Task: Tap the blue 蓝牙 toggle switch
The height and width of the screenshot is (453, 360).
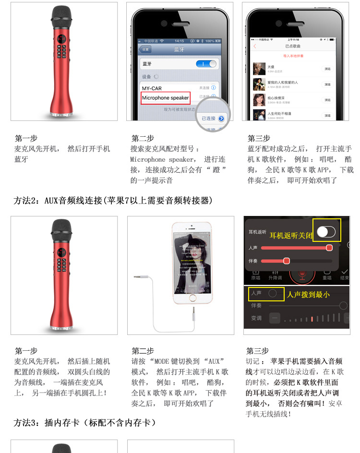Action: click(x=206, y=64)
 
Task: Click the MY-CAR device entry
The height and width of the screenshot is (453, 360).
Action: click(x=152, y=88)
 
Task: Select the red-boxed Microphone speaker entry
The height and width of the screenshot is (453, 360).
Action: click(x=166, y=98)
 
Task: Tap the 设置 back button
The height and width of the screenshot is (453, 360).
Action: click(x=145, y=49)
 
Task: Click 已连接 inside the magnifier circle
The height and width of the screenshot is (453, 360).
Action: click(x=209, y=118)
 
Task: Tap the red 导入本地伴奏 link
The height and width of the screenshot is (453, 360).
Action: click(x=293, y=56)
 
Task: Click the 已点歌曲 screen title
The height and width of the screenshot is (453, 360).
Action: click(x=293, y=46)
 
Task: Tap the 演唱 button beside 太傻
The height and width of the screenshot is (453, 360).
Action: click(x=327, y=69)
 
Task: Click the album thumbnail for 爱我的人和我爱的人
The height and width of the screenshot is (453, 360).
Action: click(x=259, y=84)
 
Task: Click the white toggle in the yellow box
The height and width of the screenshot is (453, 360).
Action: click(x=326, y=232)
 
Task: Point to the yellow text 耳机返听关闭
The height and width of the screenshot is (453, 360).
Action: click(x=291, y=235)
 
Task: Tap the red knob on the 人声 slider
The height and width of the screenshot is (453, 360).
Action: click(x=329, y=248)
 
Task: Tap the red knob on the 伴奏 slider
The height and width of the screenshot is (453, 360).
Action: click(x=286, y=261)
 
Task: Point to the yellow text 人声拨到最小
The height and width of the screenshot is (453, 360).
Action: click(x=308, y=295)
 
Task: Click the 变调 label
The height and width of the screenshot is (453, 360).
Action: click(x=256, y=318)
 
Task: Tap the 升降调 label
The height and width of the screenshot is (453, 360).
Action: click(x=275, y=278)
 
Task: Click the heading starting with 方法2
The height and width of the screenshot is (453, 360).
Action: click(x=113, y=201)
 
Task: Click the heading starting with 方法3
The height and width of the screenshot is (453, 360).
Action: click(x=85, y=423)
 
